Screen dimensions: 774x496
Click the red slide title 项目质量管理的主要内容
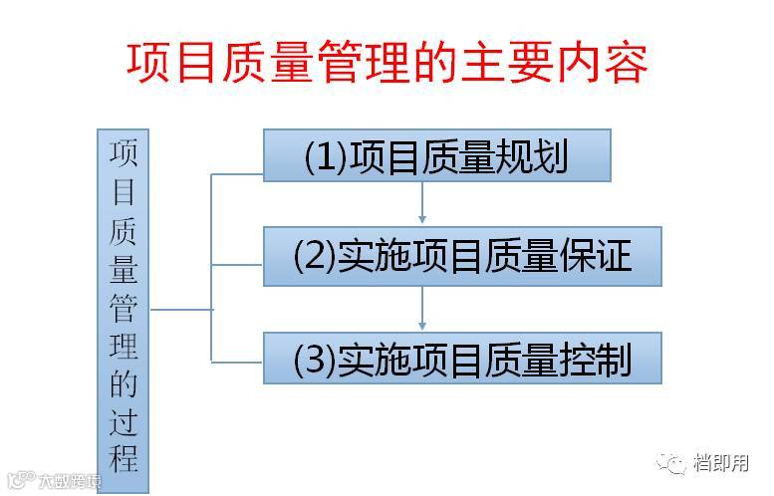387,62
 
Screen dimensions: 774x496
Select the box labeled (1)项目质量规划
436,156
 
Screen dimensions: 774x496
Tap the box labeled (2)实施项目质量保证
462,256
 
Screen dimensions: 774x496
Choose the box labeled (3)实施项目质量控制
462,359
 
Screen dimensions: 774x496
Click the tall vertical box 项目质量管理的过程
124,310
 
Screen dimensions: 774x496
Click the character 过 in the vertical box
124,422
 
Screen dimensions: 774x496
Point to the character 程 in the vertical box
124,459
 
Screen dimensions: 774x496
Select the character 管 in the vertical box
124,308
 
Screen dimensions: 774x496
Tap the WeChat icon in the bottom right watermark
676,462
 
